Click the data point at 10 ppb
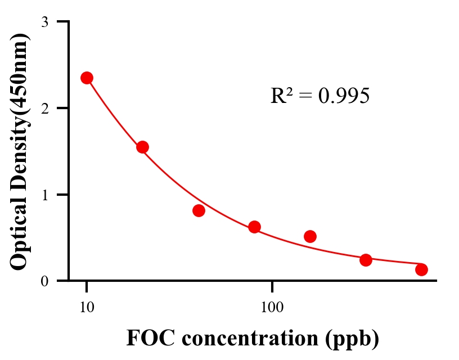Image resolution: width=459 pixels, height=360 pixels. tap(87, 78)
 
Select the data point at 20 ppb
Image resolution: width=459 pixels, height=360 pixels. tap(142, 147)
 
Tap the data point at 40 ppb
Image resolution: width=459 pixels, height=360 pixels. tap(199, 210)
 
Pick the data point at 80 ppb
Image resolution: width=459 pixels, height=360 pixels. tap(254, 227)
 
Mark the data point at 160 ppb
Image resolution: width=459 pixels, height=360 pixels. tap(310, 236)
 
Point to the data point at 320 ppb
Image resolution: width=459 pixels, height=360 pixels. tap(366, 260)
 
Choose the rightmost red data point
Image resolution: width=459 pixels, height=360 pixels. tap(421, 269)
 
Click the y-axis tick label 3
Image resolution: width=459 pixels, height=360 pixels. tap(44, 22)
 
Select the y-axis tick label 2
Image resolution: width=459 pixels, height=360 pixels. tap(44, 108)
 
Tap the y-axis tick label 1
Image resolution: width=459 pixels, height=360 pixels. tap(44, 195)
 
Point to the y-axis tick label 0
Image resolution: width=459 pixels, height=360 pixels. tap(44, 281)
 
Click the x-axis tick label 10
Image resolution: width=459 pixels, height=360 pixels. tap(87, 308)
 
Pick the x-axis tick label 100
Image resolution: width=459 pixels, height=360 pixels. tap(272, 308)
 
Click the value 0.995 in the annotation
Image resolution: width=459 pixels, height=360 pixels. tap(344, 96)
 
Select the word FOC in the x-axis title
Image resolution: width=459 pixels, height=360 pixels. tap(147, 339)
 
